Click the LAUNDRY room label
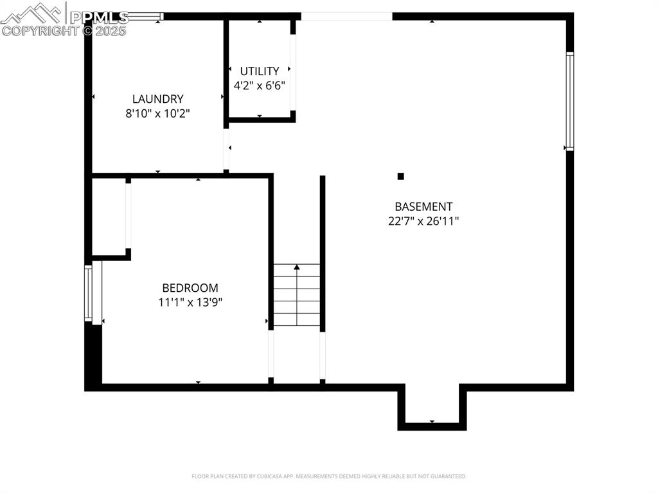[x=157, y=99]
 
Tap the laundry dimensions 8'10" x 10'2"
[x=157, y=113]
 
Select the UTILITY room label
[x=260, y=71]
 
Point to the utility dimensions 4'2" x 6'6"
[x=260, y=85]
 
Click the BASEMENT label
[x=423, y=207]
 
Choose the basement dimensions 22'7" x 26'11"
[x=423, y=221]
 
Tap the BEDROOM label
[x=190, y=288]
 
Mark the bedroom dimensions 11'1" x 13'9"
[x=190, y=302]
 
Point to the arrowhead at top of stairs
[x=297, y=266]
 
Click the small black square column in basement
[x=401, y=176]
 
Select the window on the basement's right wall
[x=569, y=101]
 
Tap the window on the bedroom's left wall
[x=89, y=293]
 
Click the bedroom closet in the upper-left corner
[x=109, y=217]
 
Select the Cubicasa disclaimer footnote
[x=329, y=476]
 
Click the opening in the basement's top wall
[x=346, y=17]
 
